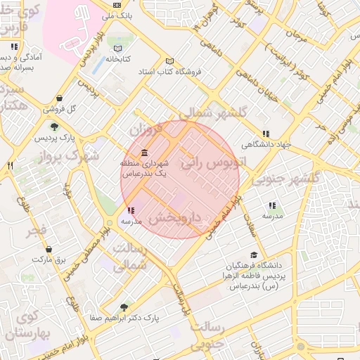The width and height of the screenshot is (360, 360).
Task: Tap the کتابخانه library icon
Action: coord(117,49)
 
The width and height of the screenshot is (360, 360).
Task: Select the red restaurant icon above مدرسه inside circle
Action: coord(131,210)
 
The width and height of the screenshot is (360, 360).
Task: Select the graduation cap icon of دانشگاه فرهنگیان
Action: coord(254,255)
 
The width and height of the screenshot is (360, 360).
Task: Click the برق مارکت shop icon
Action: coord(49,249)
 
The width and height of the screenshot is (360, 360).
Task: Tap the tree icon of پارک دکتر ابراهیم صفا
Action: coord(124,307)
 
